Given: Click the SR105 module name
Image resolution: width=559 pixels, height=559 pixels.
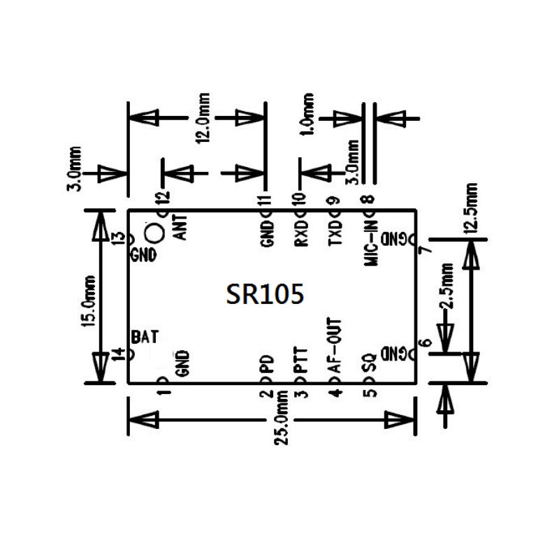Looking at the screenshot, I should [x=265, y=294].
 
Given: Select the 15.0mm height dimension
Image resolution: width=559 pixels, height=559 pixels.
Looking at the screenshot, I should [x=89, y=297].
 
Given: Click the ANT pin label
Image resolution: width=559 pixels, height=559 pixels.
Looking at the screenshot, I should [x=180, y=227].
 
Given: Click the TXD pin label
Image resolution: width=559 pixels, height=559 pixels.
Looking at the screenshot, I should [x=335, y=233].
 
